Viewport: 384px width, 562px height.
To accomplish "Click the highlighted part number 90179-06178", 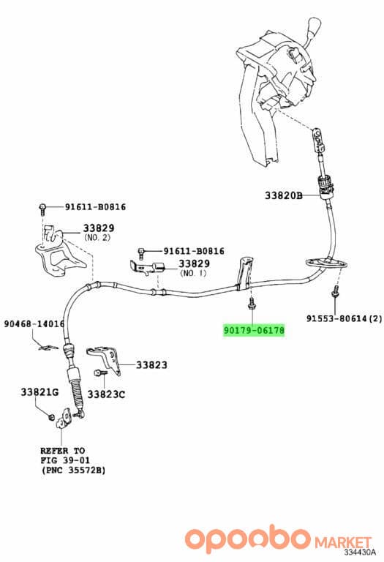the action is click(254, 330).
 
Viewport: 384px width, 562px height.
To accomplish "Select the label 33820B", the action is click(284, 195).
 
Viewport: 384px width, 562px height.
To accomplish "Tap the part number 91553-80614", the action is click(336, 318).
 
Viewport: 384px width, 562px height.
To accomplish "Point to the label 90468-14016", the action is click(34, 323).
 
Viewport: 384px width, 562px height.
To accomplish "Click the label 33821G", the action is click(39, 392).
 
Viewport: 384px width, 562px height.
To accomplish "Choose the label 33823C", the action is click(106, 394).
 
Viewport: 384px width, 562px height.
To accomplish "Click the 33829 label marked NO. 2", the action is click(99, 228).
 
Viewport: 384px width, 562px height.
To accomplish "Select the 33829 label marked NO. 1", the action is click(194, 263).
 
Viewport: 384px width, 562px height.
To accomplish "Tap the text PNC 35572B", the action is click(74, 470).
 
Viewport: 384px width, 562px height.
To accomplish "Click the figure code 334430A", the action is click(360, 552).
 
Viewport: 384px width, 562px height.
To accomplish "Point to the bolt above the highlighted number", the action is click(251, 302).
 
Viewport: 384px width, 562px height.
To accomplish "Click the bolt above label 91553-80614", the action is click(334, 291).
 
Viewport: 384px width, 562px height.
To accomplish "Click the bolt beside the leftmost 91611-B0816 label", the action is click(42, 209).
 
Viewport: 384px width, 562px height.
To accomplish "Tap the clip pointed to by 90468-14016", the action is click(48, 347).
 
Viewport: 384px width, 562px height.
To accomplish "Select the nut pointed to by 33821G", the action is click(51, 416).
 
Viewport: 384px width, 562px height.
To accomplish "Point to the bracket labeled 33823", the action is click(106, 359).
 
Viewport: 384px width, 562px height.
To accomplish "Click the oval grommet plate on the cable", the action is click(327, 263).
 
